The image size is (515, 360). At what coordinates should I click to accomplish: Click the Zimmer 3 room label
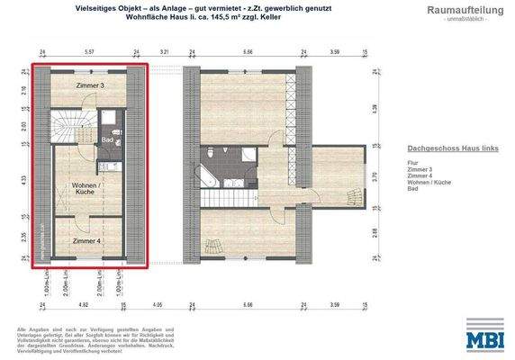[x=88, y=85]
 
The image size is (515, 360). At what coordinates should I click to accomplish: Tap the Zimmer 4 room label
[x=87, y=240]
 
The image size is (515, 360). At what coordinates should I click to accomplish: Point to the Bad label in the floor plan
[x=106, y=140]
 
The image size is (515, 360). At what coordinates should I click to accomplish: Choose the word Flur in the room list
[x=412, y=162]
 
